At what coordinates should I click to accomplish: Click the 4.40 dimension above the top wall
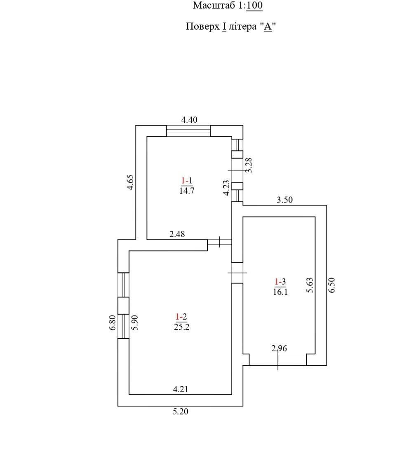[x=190, y=120]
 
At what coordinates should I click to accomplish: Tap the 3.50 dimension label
[x=284, y=200]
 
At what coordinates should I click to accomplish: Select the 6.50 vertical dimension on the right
[x=332, y=285]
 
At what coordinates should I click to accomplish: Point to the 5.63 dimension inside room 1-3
[x=310, y=285]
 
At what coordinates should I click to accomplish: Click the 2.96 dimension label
[x=279, y=348]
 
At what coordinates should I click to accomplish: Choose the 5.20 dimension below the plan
[x=180, y=411]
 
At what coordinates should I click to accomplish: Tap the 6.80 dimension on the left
[x=113, y=322]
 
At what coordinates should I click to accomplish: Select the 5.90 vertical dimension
[x=134, y=322]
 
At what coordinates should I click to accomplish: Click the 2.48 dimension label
[x=177, y=234]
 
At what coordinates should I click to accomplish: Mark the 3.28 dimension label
[x=248, y=165]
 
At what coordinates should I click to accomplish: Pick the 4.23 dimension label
[x=226, y=187]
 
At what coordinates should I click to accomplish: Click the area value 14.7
[x=187, y=191]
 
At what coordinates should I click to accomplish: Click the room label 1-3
[x=280, y=282]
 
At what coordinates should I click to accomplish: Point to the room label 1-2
[x=181, y=317]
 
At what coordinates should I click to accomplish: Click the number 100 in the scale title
[x=254, y=5]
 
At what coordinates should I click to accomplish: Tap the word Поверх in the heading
[x=202, y=27]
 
